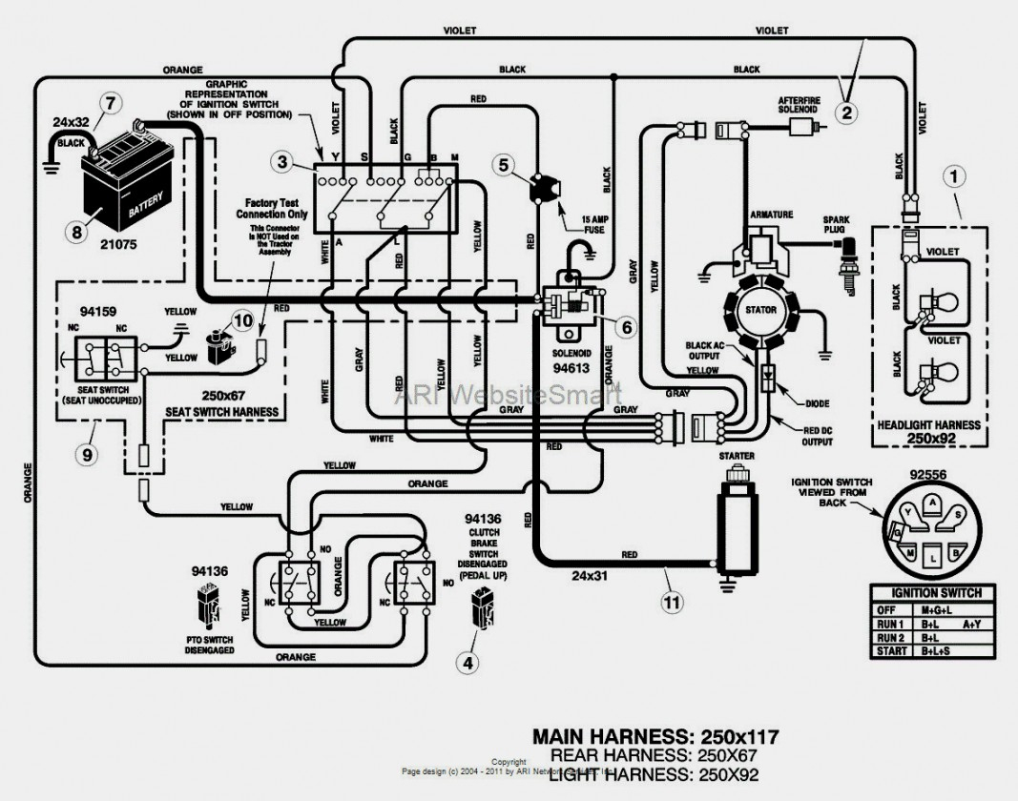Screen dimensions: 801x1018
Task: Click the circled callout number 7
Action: [112, 102]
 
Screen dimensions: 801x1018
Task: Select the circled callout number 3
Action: [282, 162]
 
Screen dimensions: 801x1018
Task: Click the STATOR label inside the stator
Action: [762, 310]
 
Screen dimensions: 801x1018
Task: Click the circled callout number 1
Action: [955, 175]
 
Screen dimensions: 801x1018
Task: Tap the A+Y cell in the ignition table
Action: [971, 624]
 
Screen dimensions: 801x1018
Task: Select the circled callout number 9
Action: [89, 455]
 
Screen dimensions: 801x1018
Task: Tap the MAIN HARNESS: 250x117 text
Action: [654, 736]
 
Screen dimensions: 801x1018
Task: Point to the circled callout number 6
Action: [626, 327]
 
